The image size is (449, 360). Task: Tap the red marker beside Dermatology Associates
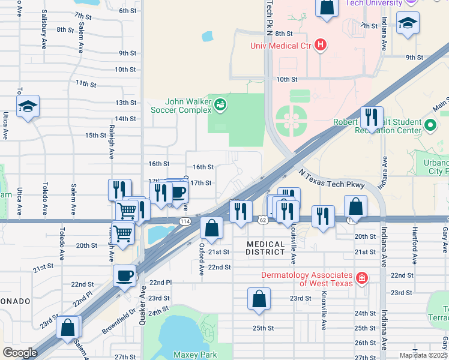point(361,278)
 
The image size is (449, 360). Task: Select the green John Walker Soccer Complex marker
point(221,106)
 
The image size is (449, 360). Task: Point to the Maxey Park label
point(194,355)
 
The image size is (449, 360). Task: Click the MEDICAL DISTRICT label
point(266,248)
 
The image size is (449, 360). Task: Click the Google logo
point(20,352)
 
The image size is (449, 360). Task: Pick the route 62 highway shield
point(262,221)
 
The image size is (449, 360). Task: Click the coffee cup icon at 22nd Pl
point(124,276)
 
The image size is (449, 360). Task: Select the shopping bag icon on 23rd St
point(259,299)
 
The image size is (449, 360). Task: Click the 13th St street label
point(125,103)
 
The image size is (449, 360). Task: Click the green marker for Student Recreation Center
point(430,125)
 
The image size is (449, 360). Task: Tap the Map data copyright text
point(423,355)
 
